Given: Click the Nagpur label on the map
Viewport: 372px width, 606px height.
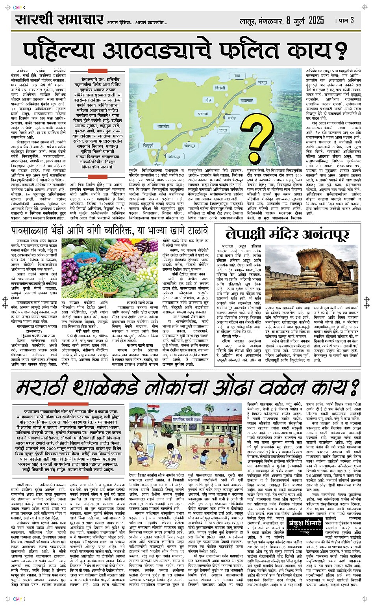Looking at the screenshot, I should (263, 83).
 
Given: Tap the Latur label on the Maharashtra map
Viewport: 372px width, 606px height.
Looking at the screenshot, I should (223, 130).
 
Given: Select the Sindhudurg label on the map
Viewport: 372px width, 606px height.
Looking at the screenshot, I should (148, 145).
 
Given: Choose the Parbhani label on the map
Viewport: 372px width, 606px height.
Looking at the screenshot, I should (203, 113).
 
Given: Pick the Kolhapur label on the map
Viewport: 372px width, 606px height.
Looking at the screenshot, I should (174, 156).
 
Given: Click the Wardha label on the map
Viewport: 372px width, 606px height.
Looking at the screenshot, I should (237, 75).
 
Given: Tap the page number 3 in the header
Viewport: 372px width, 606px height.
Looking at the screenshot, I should (352, 20).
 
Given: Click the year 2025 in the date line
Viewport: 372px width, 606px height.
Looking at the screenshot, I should (316, 20).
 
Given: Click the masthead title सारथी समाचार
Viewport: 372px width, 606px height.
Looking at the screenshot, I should (59, 19).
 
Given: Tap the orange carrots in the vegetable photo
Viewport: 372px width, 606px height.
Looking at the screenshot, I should (124, 249).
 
